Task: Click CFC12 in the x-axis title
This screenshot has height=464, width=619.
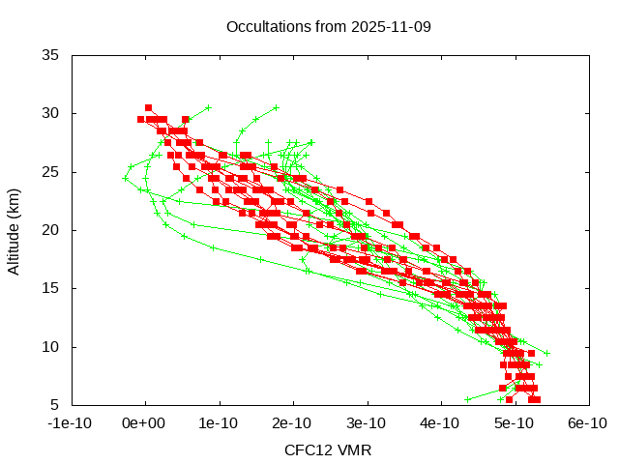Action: (306, 450)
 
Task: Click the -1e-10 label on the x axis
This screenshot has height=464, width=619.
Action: (71, 422)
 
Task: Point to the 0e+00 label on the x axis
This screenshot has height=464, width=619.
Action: (145, 422)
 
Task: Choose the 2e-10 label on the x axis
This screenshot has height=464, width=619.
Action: (292, 422)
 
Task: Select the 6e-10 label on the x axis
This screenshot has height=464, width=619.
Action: (586, 422)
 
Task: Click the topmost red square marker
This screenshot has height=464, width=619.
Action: (148, 107)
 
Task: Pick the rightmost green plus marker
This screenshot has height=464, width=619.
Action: (546, 353)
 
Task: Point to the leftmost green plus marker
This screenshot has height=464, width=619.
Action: (125, 178)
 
